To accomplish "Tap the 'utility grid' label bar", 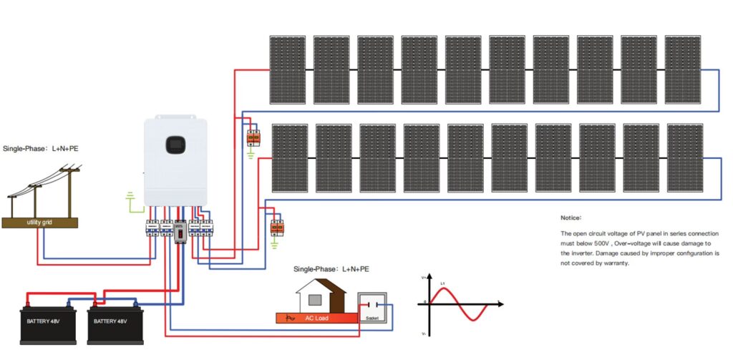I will tap(40, 223).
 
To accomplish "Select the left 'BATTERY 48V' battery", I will tap(49, 320).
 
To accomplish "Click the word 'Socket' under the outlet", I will tap(372, 317).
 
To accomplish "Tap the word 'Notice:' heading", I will tap(571, 217).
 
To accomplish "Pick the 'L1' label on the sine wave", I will tap(443, 285).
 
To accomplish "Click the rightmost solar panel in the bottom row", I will tap(685, 157).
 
